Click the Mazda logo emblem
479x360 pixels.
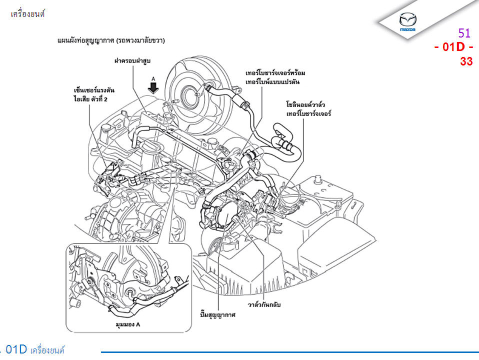pos(407,21)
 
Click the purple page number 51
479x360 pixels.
pos(464,33)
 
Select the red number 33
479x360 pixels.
pos(466,61)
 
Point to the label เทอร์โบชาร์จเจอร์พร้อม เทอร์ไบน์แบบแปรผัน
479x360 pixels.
pos(275,77)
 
